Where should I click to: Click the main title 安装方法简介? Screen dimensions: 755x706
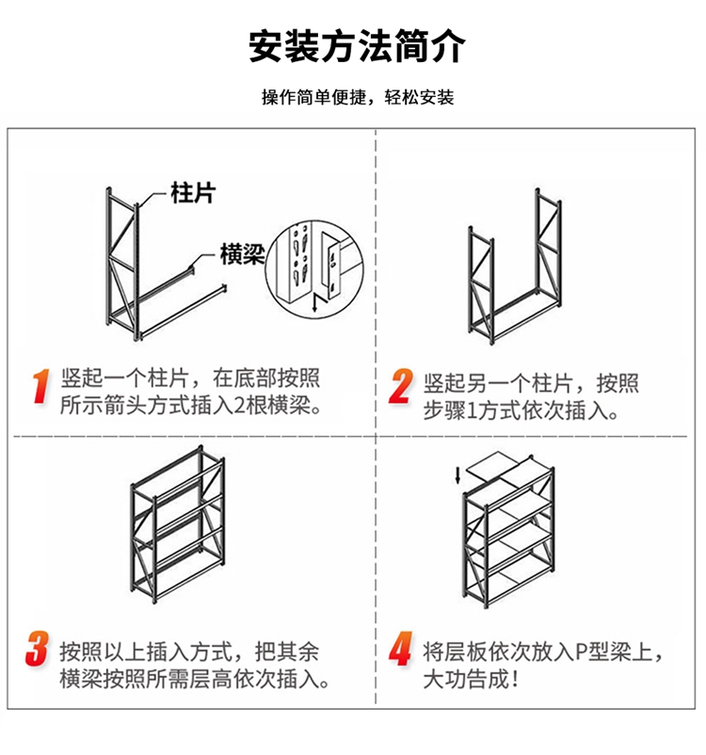coord(357,46)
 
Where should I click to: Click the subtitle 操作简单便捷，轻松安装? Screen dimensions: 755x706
coord(357,98)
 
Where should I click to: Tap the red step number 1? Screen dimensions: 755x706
coord(40,386)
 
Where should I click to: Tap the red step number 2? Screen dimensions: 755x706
coord(401,386)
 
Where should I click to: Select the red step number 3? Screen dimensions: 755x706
coord(38,650)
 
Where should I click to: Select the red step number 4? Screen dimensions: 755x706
coord(401,650)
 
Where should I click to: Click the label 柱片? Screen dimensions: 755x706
coord(193,195)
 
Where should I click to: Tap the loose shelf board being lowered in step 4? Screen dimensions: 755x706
coord(495,464)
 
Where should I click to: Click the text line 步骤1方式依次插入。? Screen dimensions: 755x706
coord(520,410)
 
